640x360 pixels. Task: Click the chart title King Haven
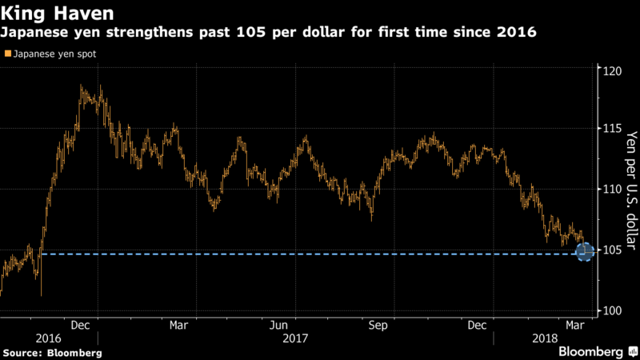tap(57, 14)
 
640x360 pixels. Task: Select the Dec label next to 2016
tap(79, 326)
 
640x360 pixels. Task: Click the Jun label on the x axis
tap(278, 326)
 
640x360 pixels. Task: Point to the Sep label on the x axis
tap(378, 326)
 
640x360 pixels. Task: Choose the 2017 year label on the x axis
tap(296, 339)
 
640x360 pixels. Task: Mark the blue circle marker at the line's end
tap(584, 253)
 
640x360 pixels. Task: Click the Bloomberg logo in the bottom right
tap(592, 351)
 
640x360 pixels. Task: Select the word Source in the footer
tap(25, 352)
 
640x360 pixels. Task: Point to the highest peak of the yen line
tap(82, 86)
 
